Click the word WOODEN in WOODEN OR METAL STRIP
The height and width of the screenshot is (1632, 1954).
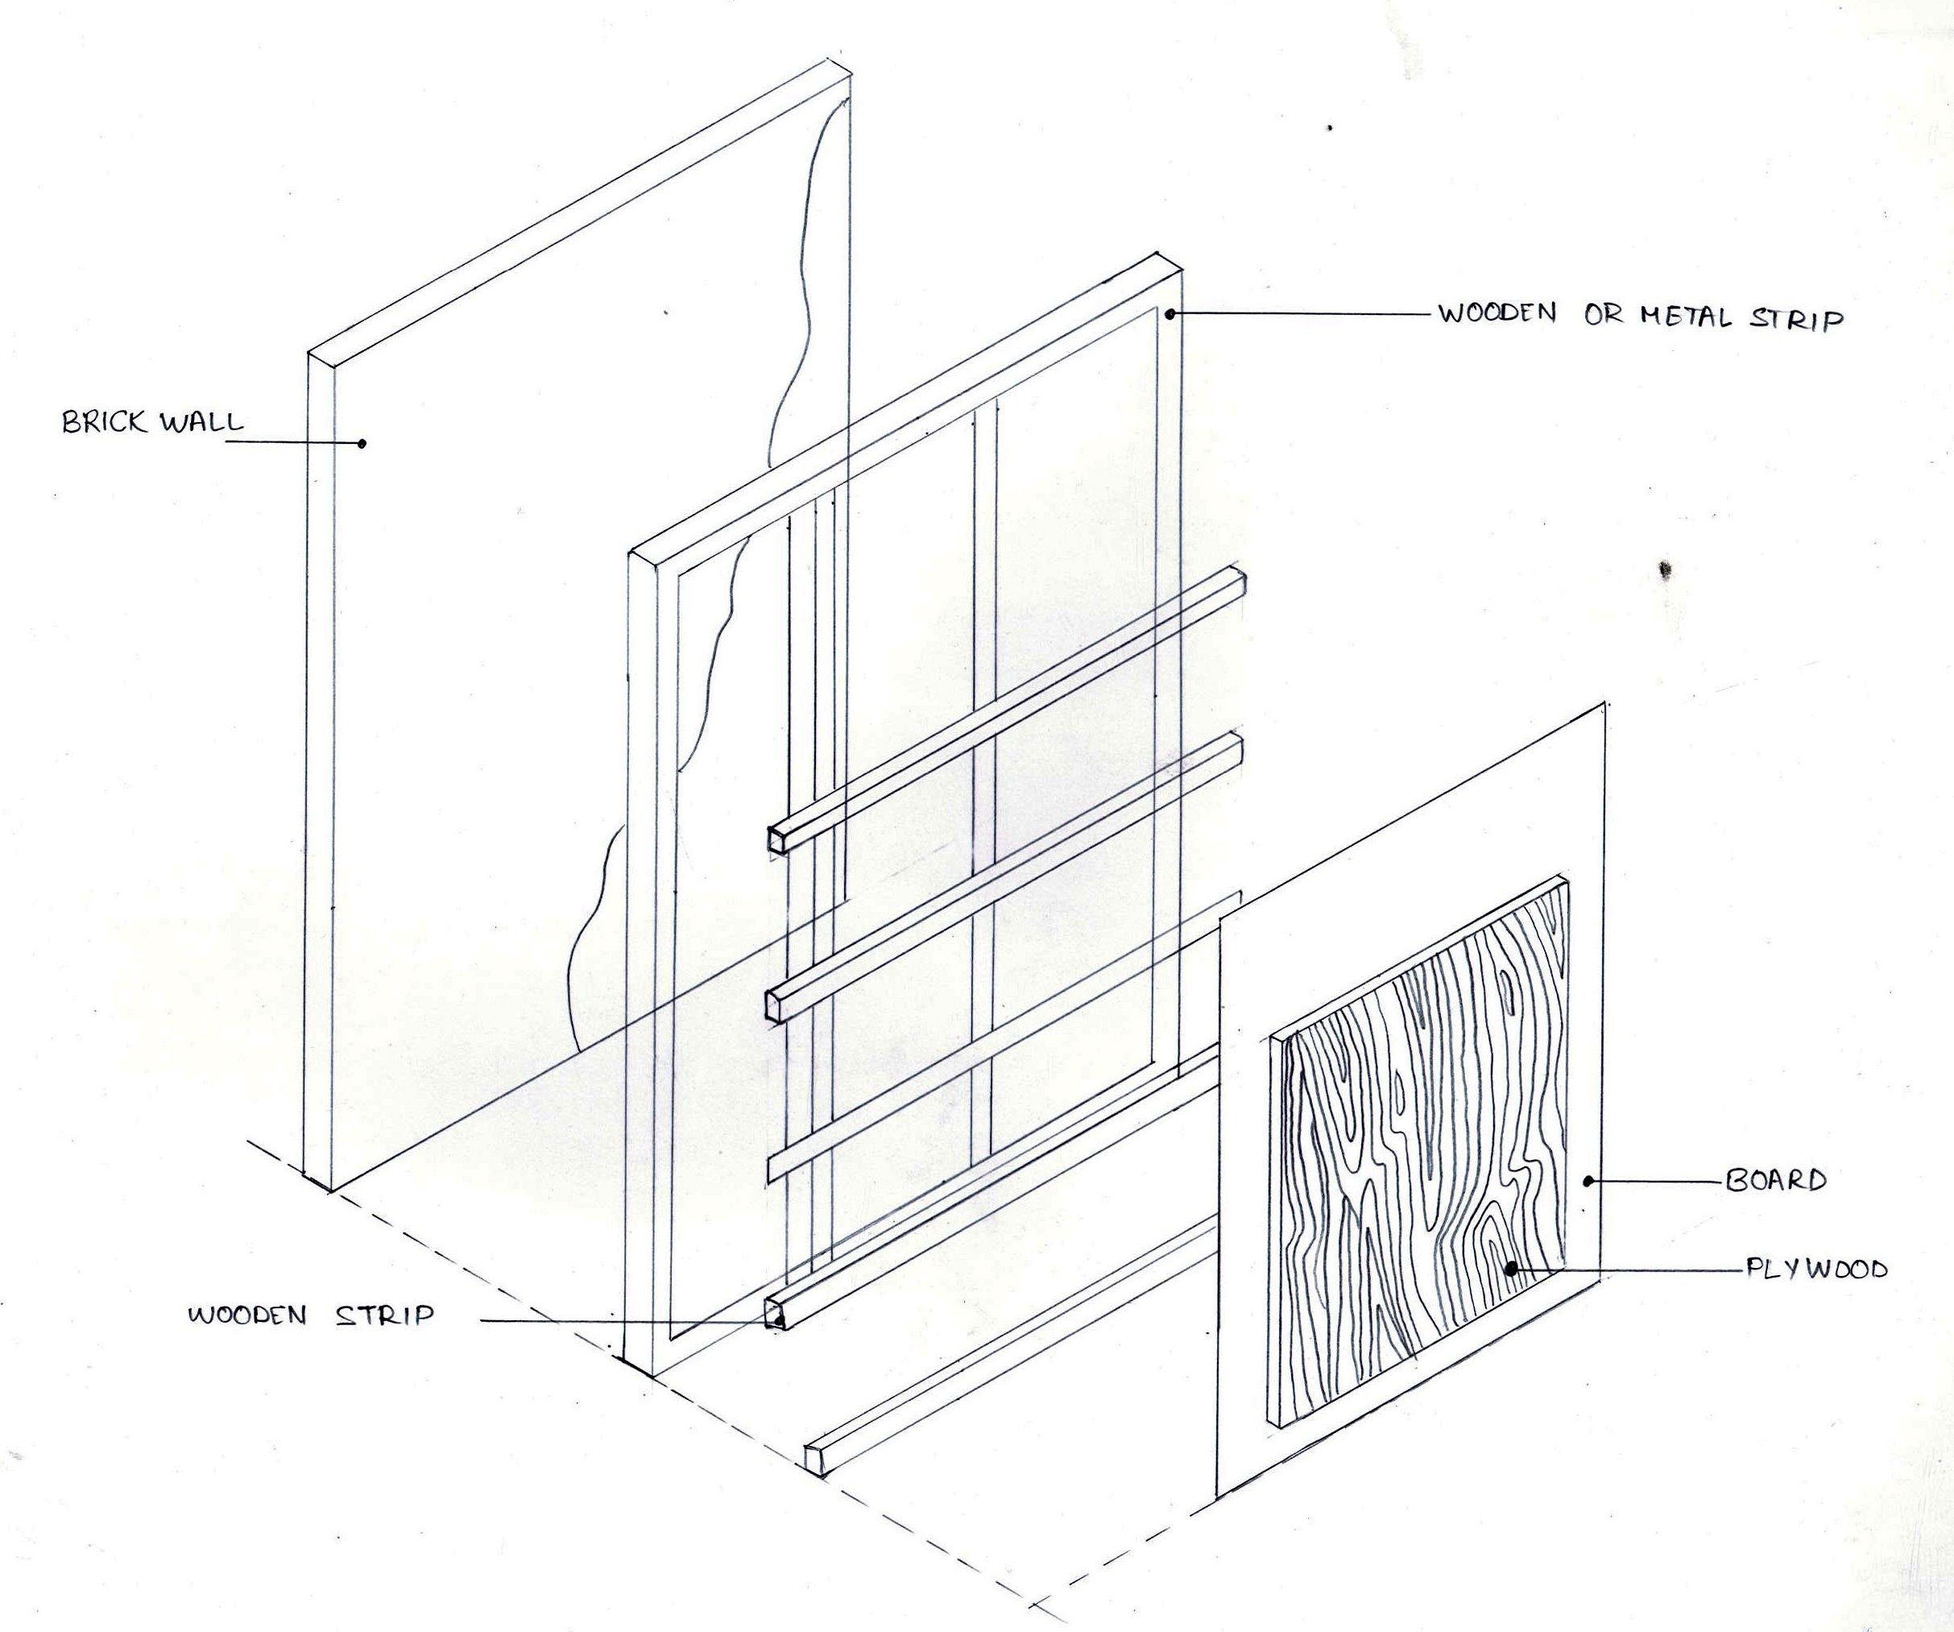(x=1498, y=313)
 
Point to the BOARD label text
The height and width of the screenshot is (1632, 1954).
(x=1775, y=1182)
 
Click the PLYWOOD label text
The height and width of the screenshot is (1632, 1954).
(x=1815, y=1270)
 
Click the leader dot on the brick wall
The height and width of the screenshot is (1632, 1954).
(x=362, y=443)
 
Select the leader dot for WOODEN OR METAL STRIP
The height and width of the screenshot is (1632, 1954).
(x=1170, y=314)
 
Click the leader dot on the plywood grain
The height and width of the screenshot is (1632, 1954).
(x=1512, y=1267)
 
